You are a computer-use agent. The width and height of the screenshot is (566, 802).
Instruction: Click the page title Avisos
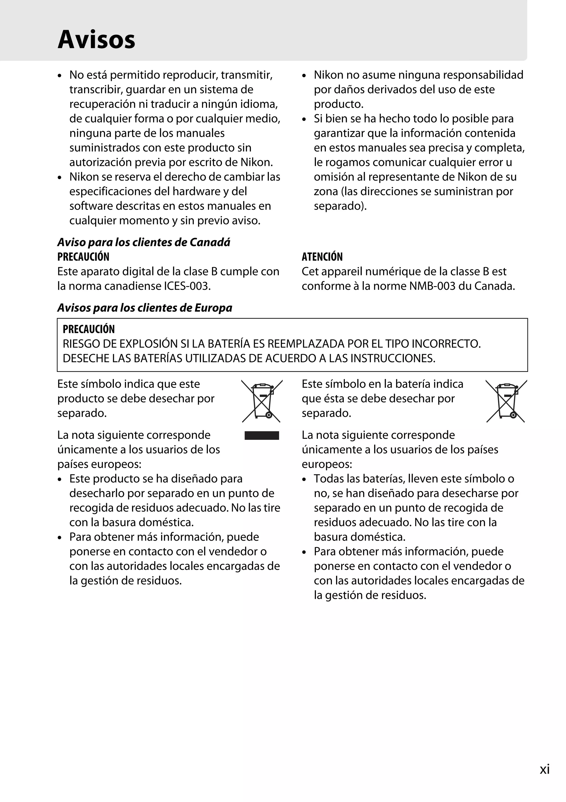96,40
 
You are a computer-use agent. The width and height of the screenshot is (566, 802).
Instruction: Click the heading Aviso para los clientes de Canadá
143,242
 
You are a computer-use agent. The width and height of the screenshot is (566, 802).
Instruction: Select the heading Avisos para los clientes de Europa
145,308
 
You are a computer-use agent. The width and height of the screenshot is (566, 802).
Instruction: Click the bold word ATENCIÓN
322,257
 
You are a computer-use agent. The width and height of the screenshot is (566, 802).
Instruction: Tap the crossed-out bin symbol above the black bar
262,401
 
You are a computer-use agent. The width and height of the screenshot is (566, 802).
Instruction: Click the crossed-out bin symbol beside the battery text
506,401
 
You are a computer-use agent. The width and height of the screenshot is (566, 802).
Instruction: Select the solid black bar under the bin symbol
262,436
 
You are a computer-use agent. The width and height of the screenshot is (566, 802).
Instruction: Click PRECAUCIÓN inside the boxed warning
89,329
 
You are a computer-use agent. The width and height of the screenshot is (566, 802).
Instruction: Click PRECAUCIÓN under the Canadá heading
83,257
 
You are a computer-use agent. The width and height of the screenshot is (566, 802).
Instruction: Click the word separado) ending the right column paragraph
340,206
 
